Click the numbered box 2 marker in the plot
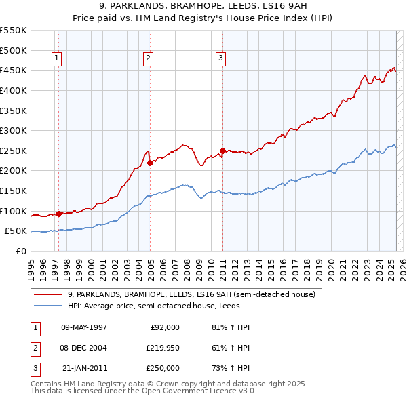coord(147,59)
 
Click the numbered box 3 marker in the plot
coord(220,59)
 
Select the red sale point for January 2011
coord(222,151)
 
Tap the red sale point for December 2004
coord(150,163)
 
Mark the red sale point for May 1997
coord(58,214)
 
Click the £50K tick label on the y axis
coord(16,231)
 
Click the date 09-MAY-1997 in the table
coord(83,327)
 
